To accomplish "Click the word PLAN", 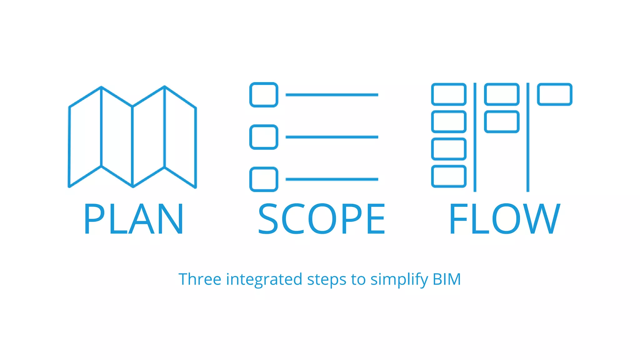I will pos(133,219).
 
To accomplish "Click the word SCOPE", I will pos(322,219).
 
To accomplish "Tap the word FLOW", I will pos(504,219).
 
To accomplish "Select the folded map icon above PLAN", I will pos(132,137).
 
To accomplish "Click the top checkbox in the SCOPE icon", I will pos(264,95).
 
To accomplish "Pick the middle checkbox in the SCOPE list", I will pos(264,137).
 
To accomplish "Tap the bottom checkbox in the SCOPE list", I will pos(264,179).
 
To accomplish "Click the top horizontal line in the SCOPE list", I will pos(332,95).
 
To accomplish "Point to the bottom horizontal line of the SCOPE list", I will pos(332,179).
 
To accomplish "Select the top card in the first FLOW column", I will pos(449,94).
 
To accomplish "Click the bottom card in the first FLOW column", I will pos(449,176).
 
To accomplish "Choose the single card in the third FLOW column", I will pos(555,94).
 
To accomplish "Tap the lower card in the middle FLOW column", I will pos(502,122).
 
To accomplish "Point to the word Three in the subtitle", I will pos(200,279).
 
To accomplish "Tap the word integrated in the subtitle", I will pos(264,279).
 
